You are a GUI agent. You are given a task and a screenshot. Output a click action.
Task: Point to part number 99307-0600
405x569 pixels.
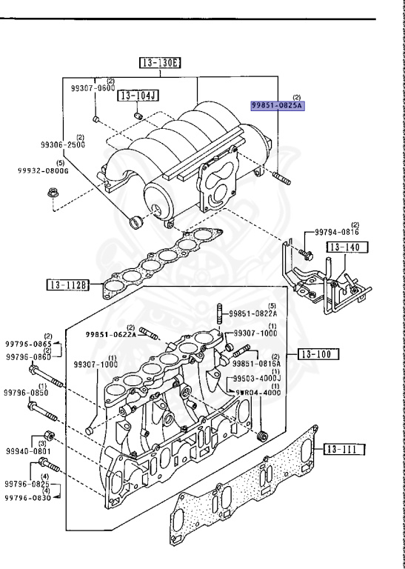[93, 88]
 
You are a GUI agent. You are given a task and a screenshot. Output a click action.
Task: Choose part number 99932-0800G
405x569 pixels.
[43, 170]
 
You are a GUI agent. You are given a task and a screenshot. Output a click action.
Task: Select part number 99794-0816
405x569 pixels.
[336, 232]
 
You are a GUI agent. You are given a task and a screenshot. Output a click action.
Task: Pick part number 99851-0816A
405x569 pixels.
[256, 364]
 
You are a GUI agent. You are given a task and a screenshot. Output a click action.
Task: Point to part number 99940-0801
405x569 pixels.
[26, 449]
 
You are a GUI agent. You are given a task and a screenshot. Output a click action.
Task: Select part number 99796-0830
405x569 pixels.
[28, 498]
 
